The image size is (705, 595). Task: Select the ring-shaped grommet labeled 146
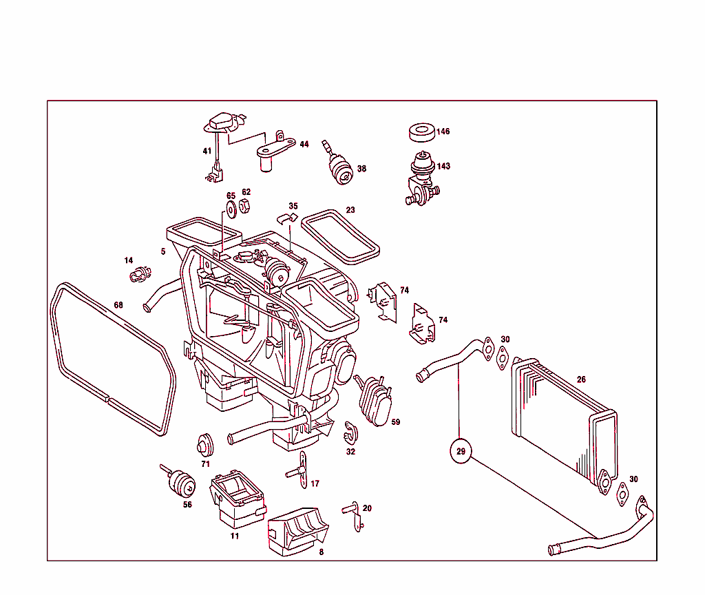(421, 132)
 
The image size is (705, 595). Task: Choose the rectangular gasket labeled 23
(340, 236)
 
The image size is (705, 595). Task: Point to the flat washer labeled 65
(230, 207)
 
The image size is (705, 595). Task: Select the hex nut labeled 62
(244, 205)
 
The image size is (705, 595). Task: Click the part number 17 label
(315, 484)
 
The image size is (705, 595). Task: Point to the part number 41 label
(207, 151)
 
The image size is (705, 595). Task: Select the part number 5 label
(163, 251)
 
